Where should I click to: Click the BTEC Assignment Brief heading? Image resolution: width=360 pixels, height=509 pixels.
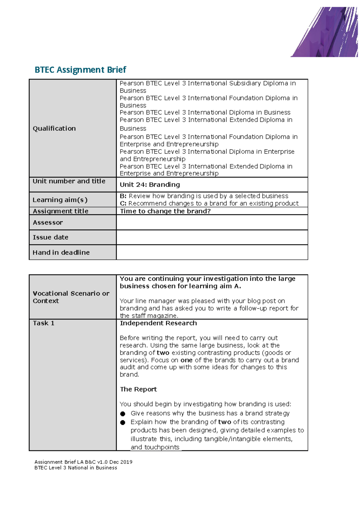click(80, 70)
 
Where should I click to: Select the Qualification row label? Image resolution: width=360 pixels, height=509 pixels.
click(54, 128)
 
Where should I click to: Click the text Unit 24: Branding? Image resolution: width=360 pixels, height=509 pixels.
click(150, 185)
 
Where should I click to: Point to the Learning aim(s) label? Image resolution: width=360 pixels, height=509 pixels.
click(60, 200)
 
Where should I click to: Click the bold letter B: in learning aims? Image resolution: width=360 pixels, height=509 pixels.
click(123, 196)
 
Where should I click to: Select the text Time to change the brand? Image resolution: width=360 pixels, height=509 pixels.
click(165, 211)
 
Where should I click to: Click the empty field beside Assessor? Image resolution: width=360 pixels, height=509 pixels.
click(212, 222)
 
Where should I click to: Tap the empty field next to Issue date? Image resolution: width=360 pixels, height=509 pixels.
click(212, 237)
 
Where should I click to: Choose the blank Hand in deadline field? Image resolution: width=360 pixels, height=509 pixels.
click(212, 252)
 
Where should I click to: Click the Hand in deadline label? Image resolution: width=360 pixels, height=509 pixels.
click(61, 252)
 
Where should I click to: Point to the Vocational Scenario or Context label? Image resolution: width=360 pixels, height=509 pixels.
click(71, 297)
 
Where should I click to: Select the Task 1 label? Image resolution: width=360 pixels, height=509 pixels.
click(43, 323)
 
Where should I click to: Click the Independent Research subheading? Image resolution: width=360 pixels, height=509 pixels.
click(158, 323)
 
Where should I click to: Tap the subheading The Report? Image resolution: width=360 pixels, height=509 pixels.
click(138, 389)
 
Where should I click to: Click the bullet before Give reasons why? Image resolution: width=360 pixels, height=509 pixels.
click(123, 414)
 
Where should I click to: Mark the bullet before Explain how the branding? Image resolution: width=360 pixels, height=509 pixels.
click(123, 422)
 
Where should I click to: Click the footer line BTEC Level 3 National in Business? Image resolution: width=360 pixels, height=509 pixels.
click(76, 468)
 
